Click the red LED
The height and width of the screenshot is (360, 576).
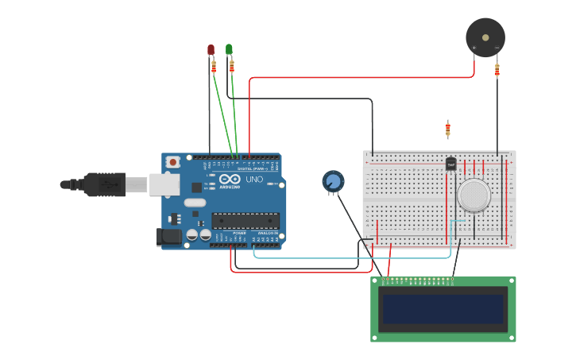click(211, 50)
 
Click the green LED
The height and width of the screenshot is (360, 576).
click(229, 49)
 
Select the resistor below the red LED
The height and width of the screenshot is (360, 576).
click(214, 67)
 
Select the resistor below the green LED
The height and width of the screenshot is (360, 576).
click(232, 66)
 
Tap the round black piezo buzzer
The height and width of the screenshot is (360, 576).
click(485, 37)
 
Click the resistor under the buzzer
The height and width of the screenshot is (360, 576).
click(497, 71)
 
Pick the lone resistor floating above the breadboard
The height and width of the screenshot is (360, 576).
click(448, 128)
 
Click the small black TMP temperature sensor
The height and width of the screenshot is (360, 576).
click(450, 164)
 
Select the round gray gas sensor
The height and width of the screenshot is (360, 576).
click(474, 195)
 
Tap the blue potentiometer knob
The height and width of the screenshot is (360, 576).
click(334, 182)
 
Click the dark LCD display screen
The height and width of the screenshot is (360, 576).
click(443, 309)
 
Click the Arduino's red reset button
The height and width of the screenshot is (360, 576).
click(172, 162)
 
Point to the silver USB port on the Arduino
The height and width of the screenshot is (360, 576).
click(164, 184)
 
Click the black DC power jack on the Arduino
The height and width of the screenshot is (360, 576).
click(168, 236)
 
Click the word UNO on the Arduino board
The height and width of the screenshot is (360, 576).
click(254, 180)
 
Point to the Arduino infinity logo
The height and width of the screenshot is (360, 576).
click(230, 179)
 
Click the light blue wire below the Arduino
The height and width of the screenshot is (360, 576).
click(350, 257)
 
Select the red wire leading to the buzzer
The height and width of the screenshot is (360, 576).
click(358, 78)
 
